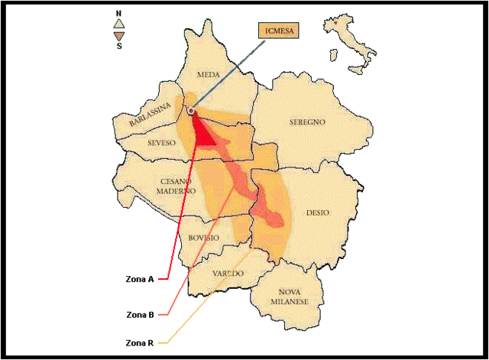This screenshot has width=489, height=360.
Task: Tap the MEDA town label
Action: click(208, 75)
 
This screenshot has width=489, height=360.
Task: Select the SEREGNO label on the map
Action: click(307, 122)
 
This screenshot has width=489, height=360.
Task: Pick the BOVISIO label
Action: click(203, 238)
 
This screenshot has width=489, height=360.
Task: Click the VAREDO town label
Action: click(228, 273)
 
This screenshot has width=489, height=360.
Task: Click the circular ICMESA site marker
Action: click(190, 112)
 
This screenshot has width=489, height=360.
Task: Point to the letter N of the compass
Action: click(118, 14)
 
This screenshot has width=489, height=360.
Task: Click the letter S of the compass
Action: click(118, 46)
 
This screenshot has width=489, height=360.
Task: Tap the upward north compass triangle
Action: click(118, 24)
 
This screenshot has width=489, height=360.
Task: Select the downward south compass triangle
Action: click(118, 36)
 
